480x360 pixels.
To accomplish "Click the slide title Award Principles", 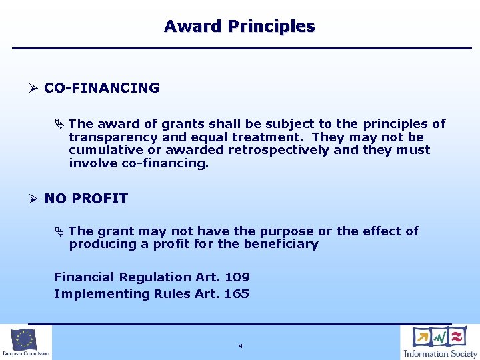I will (x=239, y=27).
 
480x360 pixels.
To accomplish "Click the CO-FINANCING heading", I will (x=101, y=88).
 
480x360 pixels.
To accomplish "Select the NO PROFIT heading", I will (x=86, y=199).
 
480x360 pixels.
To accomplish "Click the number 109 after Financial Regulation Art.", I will (x=237, y=277).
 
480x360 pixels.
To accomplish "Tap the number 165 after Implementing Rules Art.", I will (x=237, y=294).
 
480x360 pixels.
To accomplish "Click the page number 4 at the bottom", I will (x=240, y=346).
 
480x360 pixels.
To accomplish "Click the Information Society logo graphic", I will (x=440, y=337).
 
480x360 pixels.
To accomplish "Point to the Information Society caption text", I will (x=440, y=354).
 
